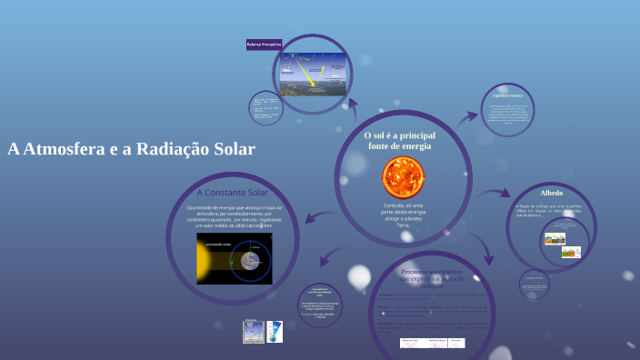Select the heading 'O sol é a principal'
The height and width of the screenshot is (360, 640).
click(400, 135)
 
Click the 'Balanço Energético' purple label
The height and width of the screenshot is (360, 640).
click(265, 44)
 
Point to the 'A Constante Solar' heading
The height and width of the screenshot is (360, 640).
click(233, 193)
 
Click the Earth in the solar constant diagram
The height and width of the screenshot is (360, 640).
click(251, 259)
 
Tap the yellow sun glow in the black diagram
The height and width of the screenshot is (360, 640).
click(204, 260)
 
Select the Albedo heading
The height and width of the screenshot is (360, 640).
click(552, 194)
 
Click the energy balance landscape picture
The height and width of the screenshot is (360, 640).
click(312, 75)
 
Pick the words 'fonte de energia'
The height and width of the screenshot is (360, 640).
click(400, 145)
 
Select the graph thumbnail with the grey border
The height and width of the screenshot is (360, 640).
click(254, 331)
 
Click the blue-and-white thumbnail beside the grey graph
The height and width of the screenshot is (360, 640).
click(275, 331)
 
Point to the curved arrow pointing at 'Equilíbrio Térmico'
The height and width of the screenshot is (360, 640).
click(467, 116)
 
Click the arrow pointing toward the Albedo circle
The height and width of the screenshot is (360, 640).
click(498, 194)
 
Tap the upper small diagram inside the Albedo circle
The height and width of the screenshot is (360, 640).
click(555, 239)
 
